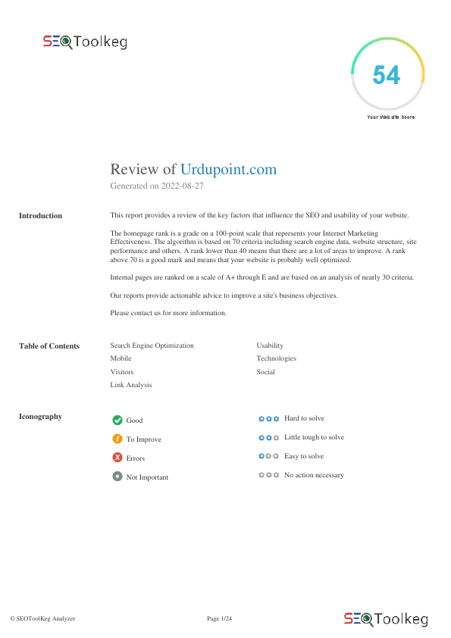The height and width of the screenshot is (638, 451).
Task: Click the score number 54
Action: coord(387,76)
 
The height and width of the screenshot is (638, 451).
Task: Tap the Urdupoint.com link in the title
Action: coord(228,169)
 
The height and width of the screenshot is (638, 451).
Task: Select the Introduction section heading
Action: coord(40,216)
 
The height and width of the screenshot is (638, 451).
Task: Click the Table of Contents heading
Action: coord(49,346)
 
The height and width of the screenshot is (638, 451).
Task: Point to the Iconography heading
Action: coord(40,416)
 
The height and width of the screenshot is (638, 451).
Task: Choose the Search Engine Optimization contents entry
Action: coord(152,346)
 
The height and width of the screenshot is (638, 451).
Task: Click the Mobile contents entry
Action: coord(121,358)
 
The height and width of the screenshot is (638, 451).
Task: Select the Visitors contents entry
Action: coord(121,372)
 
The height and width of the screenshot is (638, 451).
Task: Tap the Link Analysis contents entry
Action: coord(130,385)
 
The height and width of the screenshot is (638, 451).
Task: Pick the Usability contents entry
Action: coord(270,346)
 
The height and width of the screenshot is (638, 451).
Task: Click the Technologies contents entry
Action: coord(276,358)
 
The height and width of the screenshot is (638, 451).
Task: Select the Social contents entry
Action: coord(265,372)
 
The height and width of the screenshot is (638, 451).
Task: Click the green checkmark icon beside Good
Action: coord(117,420)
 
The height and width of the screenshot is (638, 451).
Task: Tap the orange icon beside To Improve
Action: coord(117,439)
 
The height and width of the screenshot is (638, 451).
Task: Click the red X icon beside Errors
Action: coord(117,458)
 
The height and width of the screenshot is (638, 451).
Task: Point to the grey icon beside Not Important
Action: coord(117,477)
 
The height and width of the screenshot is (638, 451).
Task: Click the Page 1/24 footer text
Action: coord(219,619)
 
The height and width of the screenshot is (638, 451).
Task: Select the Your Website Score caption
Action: coord(390,117)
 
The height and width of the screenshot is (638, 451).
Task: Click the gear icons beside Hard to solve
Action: coord(268,418)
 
